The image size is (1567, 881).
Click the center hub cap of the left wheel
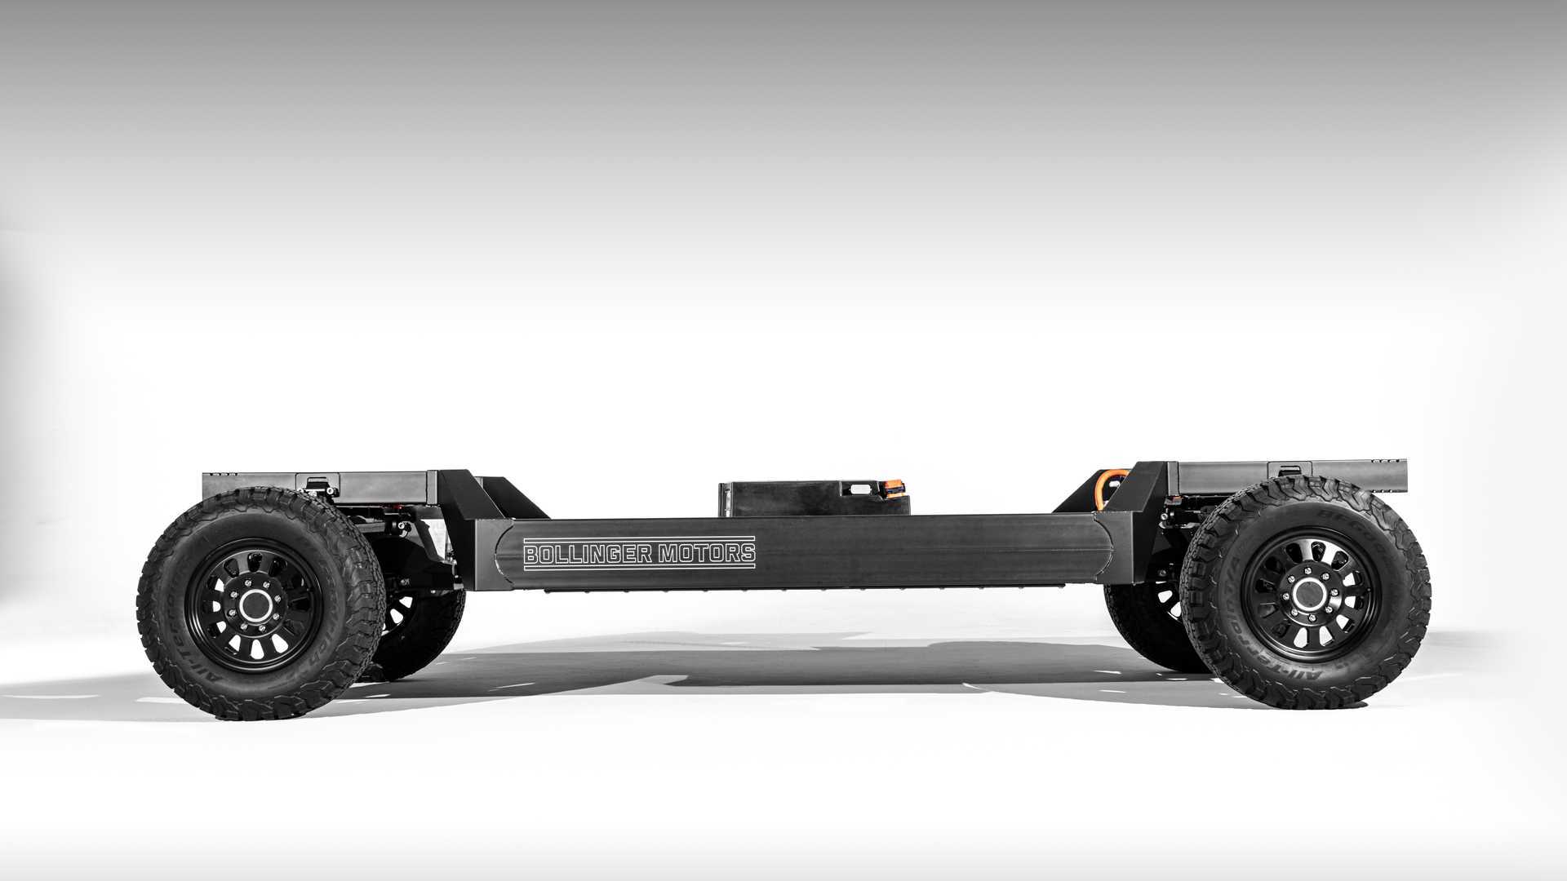click(x=256, y=604)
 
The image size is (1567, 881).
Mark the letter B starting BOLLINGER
click(x=531, y=556)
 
